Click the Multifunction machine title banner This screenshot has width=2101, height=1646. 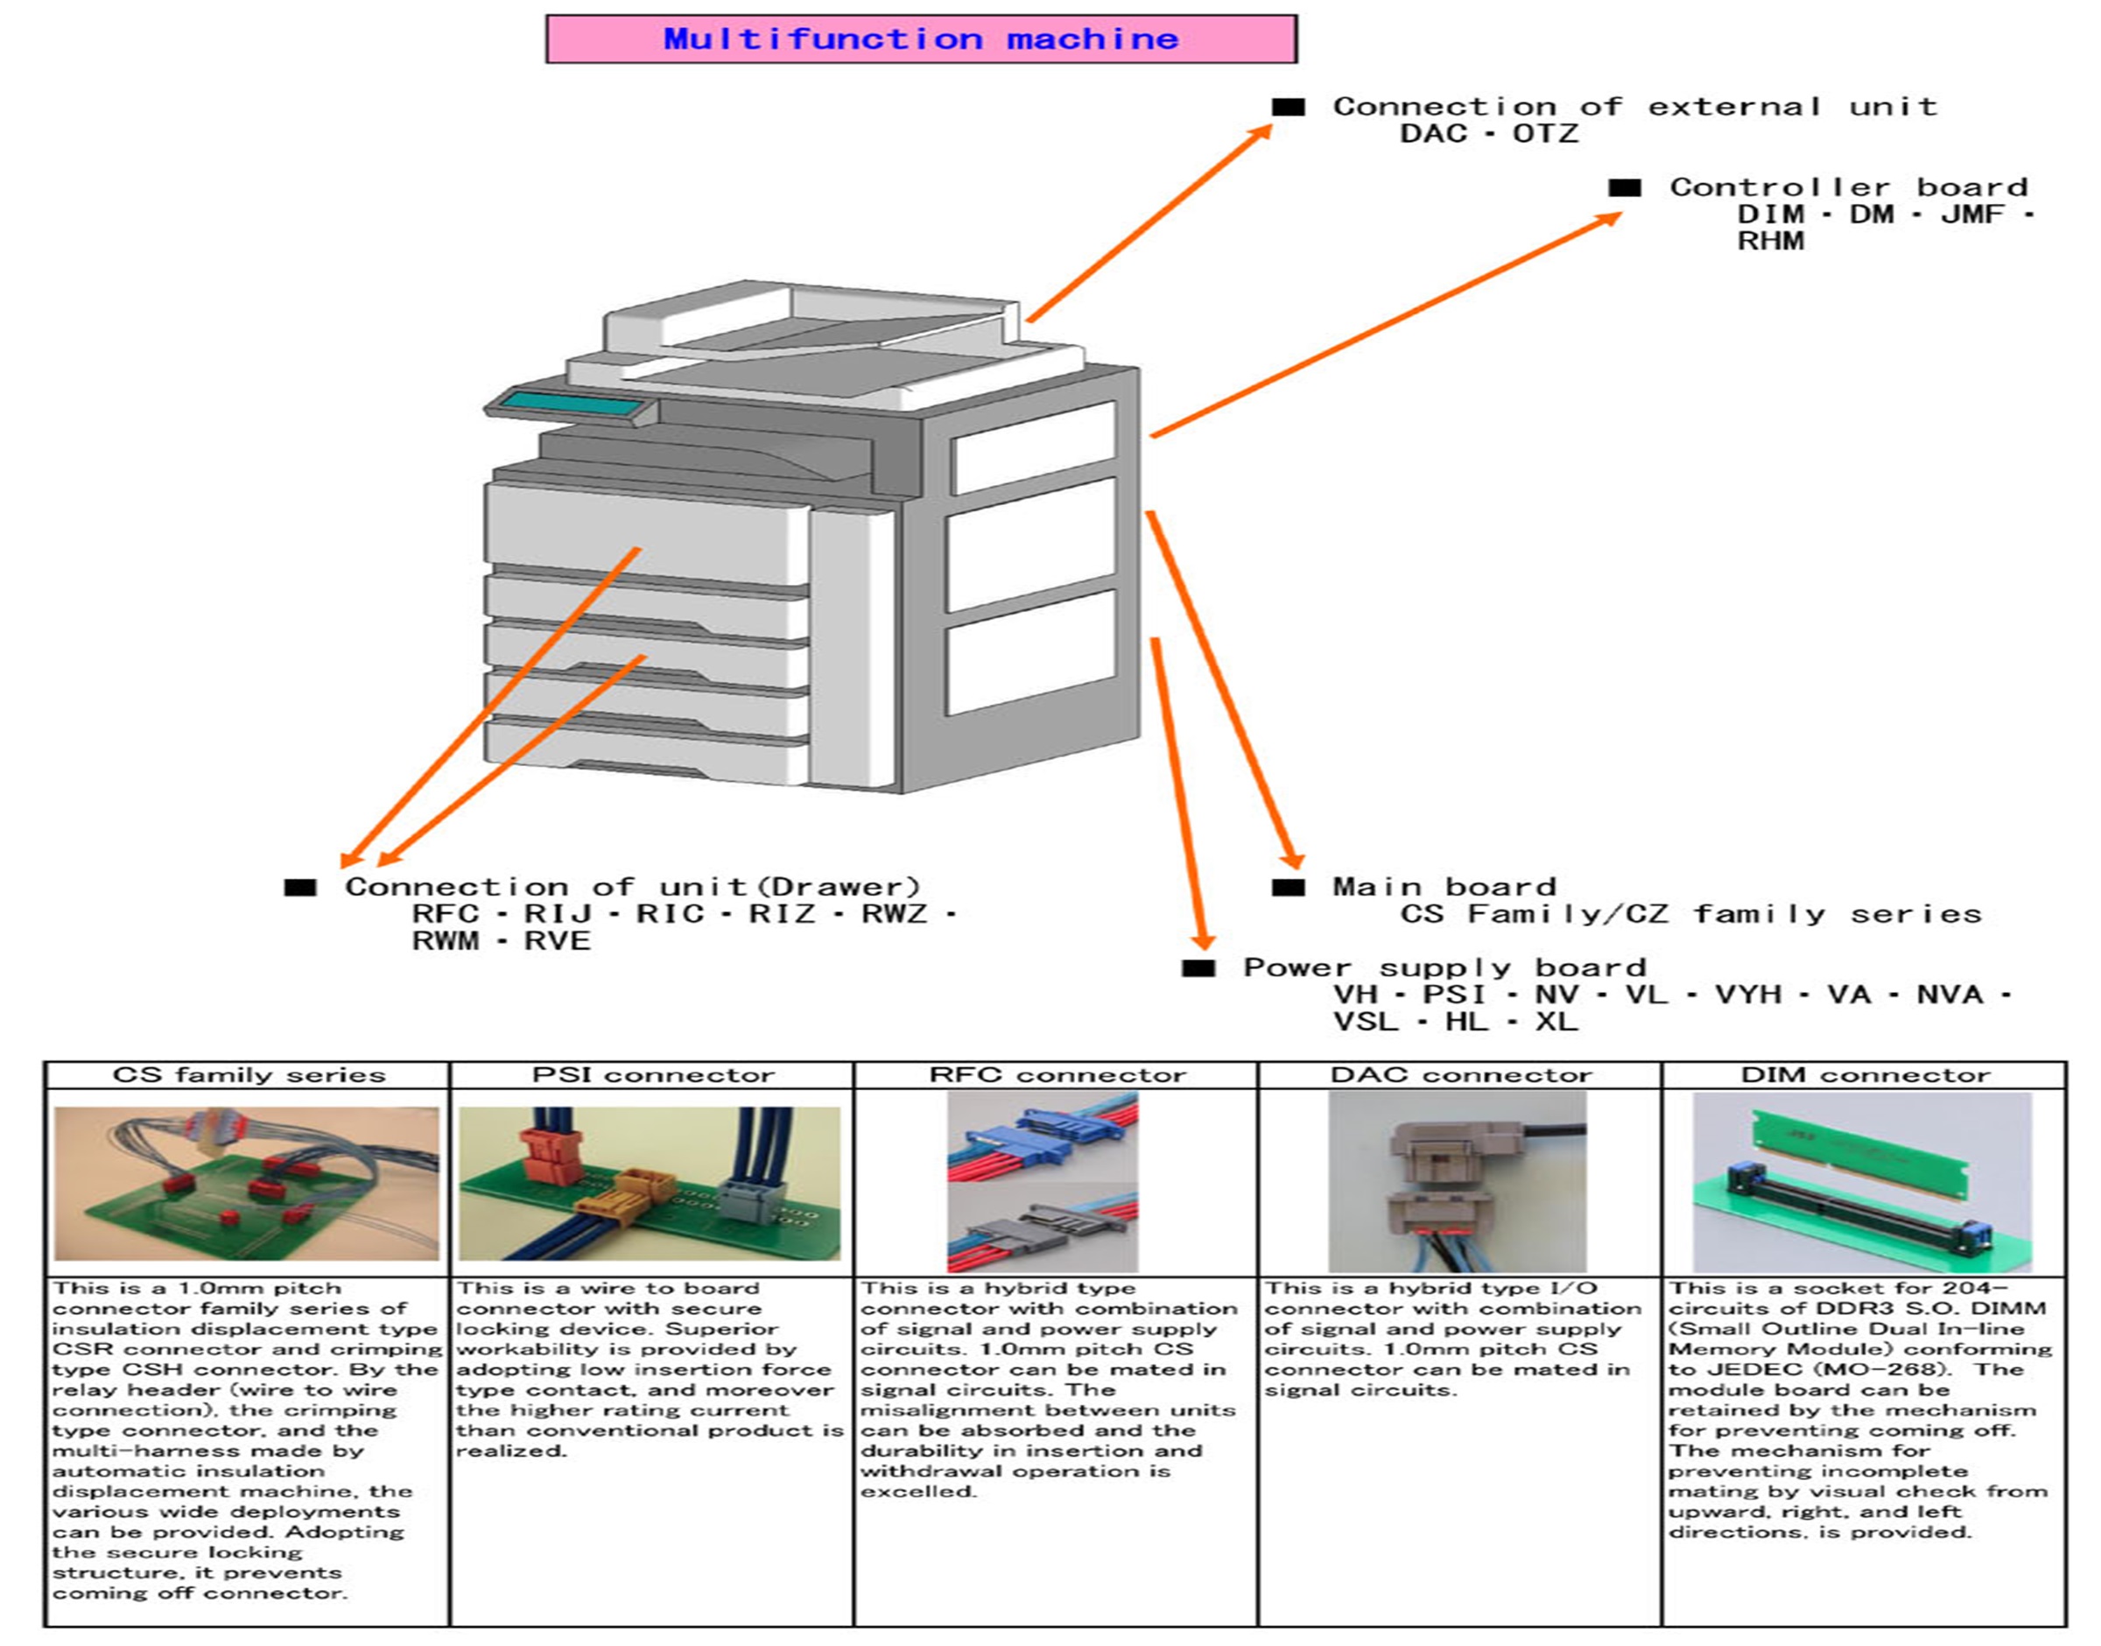pyautogui.click(x=921, y=39)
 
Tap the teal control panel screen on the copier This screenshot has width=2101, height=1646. pyautogui.click(x=573, y=405)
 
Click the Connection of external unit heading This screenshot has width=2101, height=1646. pyautogui.click(x=1634, y=106)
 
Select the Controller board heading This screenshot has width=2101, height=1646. pyautogui.click(x=1848, y=187)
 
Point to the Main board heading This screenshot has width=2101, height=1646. pyautogui.click(x=1443, y=887)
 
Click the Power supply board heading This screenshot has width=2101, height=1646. pyautogui.click(x=1443, y=967)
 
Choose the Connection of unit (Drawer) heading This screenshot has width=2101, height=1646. pyautogui.click(x=632, y=887)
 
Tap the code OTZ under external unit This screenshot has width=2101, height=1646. pyautogui.click(x=1545, y=133)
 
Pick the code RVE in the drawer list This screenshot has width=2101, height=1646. pyautogui.click(x=557, y=940)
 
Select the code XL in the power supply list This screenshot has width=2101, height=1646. pyautogui.click(x=1556, y=1022)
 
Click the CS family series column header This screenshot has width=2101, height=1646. pyautogui.click(x=248, y=1075)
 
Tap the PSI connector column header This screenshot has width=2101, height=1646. pyautogui.click(x=652, y=1075)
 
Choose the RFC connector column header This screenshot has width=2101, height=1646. pyautogui.click(x=1057, y=1075)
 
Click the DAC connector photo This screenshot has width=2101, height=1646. pyautogui.click(x=1457, y=1181)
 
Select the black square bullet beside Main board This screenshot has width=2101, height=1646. pyautogui.click(x=1288, y=887)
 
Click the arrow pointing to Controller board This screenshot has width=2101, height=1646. pyautogui.click(x=1388, y=325)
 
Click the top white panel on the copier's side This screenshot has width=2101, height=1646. pyautogui.click(x=1033, y=447)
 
